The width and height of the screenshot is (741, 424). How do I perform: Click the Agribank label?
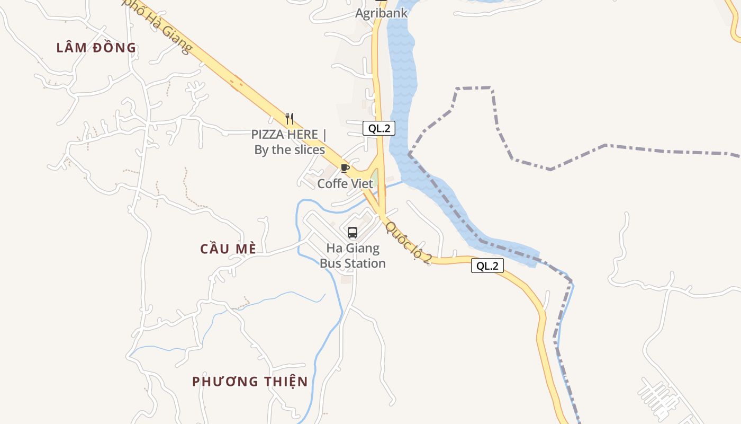point(381,13)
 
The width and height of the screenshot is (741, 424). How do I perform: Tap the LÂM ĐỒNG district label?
point(96,48)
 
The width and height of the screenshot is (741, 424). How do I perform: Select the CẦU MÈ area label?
point(228,249)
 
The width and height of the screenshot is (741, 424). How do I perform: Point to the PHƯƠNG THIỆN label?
point(250,382)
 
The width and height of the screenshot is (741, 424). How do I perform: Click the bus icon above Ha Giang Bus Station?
point(353,232)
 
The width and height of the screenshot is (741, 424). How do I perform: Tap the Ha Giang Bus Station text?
point(353,255)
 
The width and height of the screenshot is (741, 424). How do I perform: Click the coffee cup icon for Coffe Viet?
point(345,169)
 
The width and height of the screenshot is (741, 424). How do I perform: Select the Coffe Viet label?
point(345,184)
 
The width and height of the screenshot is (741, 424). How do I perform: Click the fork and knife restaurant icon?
point(289,118)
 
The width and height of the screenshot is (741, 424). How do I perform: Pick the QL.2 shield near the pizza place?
point(379,128)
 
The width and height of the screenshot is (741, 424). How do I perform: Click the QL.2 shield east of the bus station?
point(487,266)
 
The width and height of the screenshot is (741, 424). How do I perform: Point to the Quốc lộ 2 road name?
point(409,242)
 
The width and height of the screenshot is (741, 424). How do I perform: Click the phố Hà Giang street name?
point(159,26)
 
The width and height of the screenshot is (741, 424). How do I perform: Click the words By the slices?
point(290,150)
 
